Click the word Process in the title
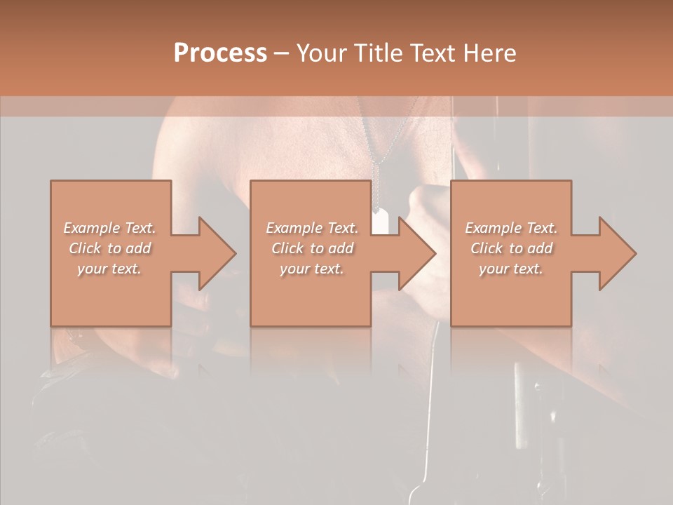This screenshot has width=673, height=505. (x=220, y=53)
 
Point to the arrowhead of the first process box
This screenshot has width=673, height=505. (x=217, y=253)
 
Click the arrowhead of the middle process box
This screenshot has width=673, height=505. (x=417, y=253)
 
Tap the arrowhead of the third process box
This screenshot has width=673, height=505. (x=618, y=253)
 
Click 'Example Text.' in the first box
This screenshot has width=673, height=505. (x=109, y=228)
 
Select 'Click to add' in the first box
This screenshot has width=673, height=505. (x=109, y=248)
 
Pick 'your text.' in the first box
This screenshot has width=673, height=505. (x=109, y=269)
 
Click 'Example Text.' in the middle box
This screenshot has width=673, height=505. (x=311, y=228)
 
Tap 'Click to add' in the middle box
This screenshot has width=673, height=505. (x=311, y=248)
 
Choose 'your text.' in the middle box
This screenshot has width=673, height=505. (x=311, y=269)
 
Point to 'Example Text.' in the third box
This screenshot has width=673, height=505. (x=511, y=228)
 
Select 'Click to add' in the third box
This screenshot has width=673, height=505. (x=511, y=248)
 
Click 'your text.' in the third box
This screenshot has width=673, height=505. (x=511, y=269)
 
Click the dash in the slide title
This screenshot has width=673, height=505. (x=282, y=54)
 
